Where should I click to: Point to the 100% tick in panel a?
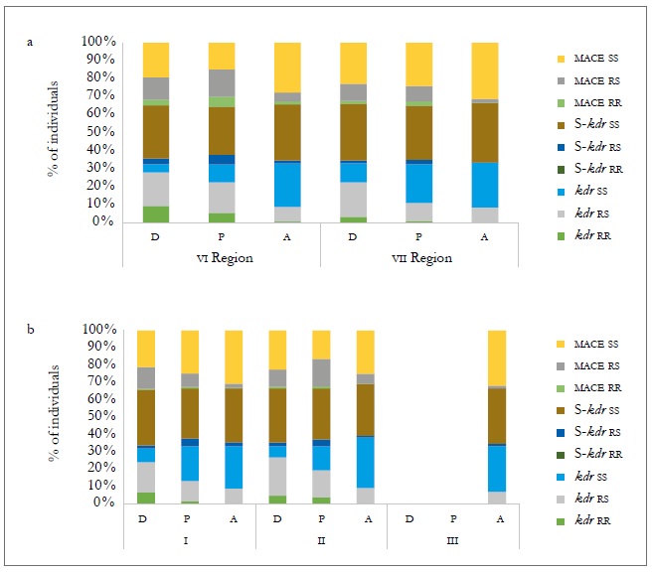(99, 43)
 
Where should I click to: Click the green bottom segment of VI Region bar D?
(155, 214)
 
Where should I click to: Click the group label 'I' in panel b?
(190, 540)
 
